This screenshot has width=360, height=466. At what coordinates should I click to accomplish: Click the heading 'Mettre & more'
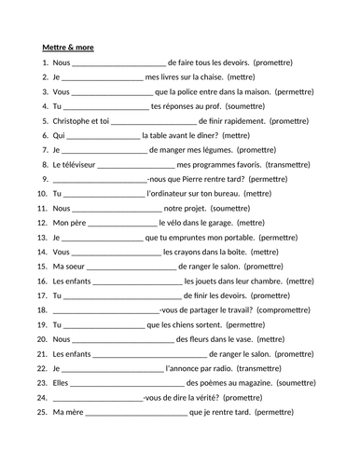(x=68, y=48)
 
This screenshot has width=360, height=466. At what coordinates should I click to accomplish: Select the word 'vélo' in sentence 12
(x=170, y=222)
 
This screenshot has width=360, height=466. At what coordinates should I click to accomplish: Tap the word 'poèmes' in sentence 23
(x=211, y=382)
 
